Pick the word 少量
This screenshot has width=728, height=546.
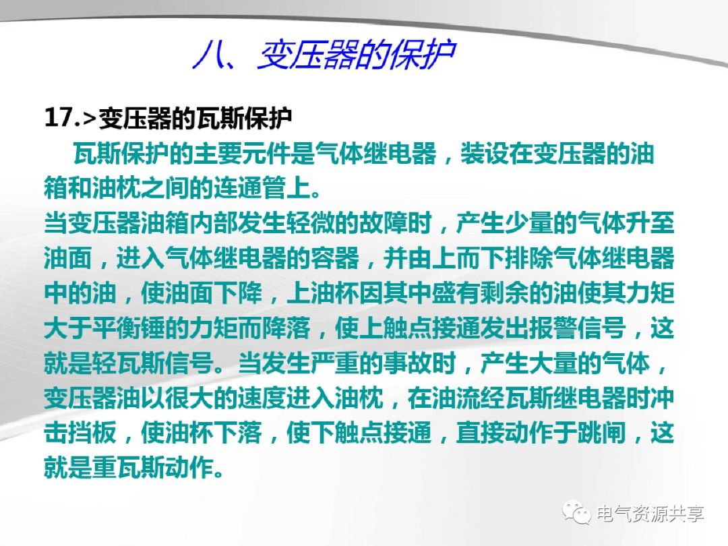point(530,223)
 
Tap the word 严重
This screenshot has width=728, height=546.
point(336,365)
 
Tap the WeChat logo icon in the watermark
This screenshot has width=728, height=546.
point(579,513)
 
